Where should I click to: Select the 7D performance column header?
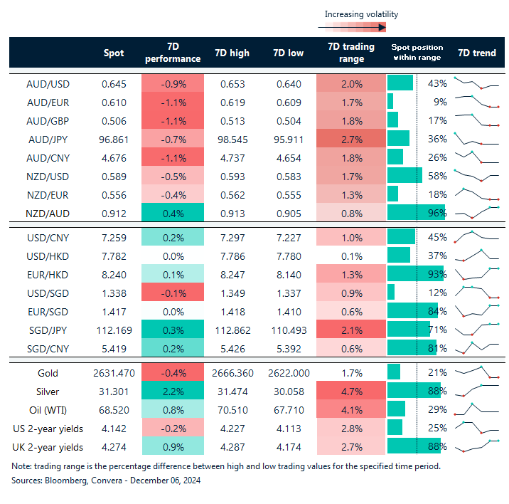click(173, 53)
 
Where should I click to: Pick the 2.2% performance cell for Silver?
click(173, 391)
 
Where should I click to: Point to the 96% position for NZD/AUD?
click(436, 212)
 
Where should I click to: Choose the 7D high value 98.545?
click(230, 138)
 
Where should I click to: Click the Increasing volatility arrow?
click(353, 28)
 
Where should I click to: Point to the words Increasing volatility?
click(361, 14)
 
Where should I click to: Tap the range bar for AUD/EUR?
click(390, 101)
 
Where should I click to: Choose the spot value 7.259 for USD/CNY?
click(113, 237)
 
